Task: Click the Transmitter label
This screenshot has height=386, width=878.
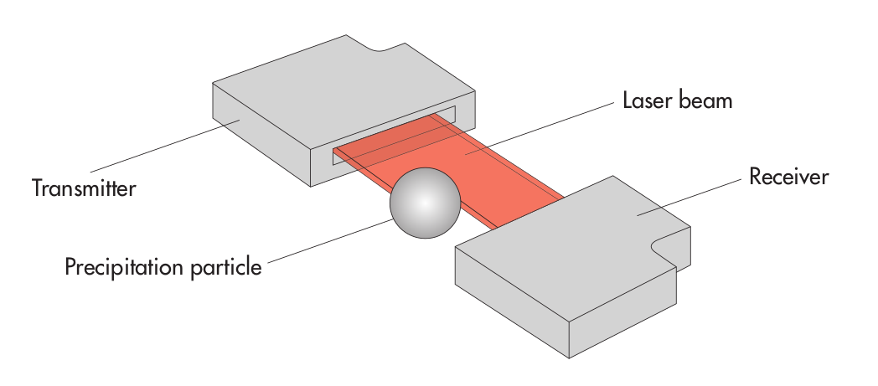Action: coord(84,188)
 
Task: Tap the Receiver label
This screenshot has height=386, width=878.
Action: coord(788,178)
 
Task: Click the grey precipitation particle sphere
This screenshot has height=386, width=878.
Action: coord(426,203)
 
